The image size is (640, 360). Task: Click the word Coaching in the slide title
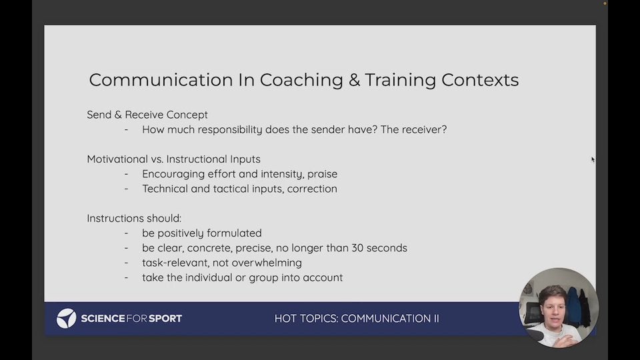point(301,81)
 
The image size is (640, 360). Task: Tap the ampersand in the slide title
point(354,80)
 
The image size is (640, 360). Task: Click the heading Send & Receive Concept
point(147,115)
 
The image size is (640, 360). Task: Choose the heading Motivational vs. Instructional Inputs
point(173,159)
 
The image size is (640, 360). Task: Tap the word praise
point(323,174)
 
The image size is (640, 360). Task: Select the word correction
point(312,189)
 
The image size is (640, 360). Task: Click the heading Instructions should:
point(134,219)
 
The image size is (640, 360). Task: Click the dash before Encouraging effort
point(127,174)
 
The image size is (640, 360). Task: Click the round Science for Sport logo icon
point(66,319)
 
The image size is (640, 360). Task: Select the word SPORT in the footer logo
point(165,319)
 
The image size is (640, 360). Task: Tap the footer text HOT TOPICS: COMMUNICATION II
point(357,319)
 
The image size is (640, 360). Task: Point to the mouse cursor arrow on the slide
point(593,159)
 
